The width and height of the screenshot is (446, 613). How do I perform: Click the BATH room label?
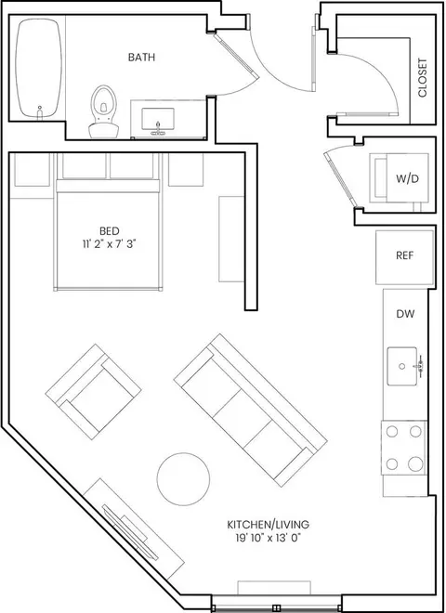pos(141,57)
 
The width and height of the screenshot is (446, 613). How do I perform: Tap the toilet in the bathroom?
pos(104,111)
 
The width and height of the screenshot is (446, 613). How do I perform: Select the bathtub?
pos(38,68)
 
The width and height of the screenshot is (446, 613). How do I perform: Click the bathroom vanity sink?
pos(158,121)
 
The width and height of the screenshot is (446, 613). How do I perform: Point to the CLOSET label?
pos(423,78)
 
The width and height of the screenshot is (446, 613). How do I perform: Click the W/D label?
pos(408,179)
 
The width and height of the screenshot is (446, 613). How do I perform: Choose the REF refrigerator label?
pos(405,255)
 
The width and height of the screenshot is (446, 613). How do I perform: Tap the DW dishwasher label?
pos(405,314)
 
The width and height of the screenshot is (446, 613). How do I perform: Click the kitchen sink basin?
pos(402,366)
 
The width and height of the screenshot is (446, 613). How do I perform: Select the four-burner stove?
pos(404,448)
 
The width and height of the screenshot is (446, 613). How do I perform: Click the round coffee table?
pos(183,479)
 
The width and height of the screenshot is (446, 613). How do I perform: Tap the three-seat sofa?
pos(251,411)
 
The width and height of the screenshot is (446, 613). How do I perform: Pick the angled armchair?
pos(93,392)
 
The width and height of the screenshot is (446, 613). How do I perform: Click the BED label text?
pos(110,230)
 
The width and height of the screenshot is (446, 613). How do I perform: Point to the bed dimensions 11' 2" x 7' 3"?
pos(109,244)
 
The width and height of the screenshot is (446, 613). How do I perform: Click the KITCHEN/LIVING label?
pos(269,524)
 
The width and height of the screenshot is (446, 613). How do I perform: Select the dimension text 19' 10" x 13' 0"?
pos(269,539)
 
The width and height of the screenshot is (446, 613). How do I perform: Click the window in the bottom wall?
pos(277,608)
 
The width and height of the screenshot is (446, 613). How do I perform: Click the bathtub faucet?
pos(39,112)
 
